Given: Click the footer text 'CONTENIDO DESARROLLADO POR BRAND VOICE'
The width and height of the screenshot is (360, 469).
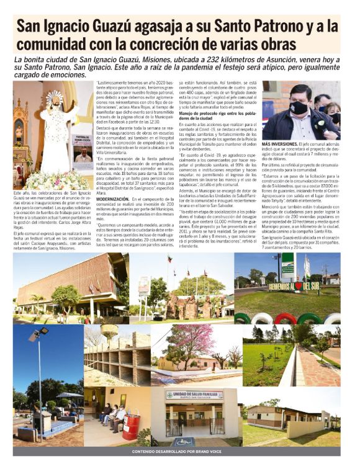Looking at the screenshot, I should [x=179, y=451].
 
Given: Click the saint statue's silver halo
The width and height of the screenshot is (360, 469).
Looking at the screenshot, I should [x=55, y=97].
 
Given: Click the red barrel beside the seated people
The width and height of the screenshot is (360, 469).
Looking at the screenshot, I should [x=131, y=427].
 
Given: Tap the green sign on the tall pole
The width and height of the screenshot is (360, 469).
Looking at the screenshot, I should [x=287, y=264].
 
